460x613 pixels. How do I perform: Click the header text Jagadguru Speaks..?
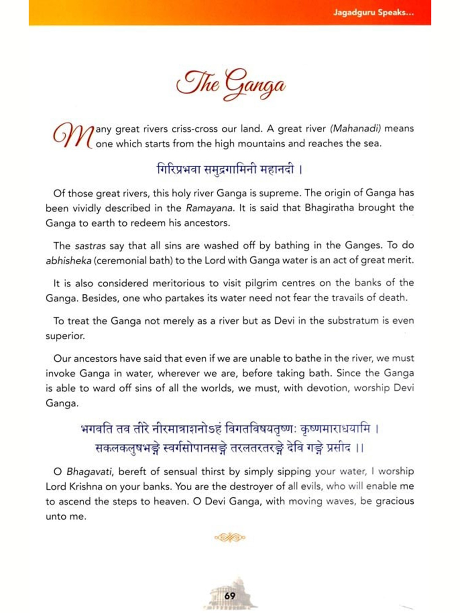tap(373, 13)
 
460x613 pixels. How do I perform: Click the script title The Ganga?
tap(230, 84)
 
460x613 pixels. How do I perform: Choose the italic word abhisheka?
tap(68, 261)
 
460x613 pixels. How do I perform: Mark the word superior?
tap(65, 336)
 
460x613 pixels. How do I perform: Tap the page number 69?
tap(230, 596)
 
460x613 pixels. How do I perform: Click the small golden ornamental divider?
tap(230, 537)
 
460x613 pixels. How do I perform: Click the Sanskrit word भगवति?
tap(97, 429)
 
